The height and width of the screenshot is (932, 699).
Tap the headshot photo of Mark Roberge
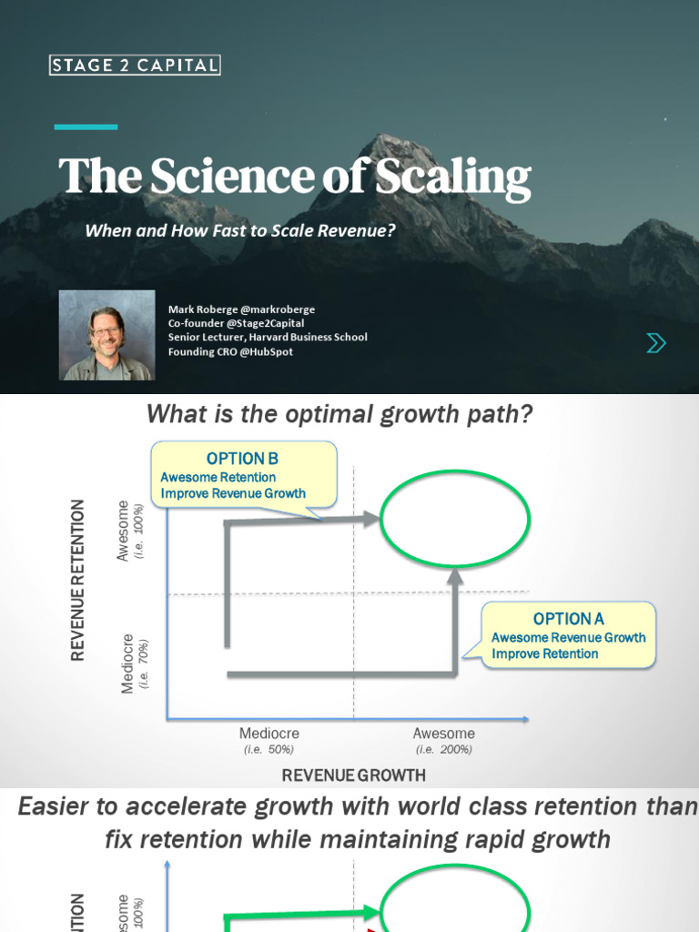tap(106, 336)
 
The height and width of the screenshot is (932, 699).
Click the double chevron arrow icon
tap(655, 342)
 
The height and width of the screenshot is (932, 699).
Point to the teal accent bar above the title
tap(86, 127)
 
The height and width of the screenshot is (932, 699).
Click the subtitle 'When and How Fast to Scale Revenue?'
tap(240, 231)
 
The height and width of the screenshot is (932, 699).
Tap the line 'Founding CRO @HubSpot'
tap(230, 351)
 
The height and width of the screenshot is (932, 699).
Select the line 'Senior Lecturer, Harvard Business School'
tap(268, 337)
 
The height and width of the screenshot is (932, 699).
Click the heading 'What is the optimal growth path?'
tap(339, 415)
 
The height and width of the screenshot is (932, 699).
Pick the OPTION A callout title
tap(569, 619)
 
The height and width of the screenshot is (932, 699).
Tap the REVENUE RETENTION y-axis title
tap(77, 580)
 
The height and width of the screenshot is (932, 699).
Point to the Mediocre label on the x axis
tap(268, 734)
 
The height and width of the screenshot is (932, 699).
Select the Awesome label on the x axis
tap(443, 734)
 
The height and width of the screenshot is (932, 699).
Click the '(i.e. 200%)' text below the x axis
tap(443, 750)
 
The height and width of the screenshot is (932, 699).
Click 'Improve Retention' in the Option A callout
tap(545, 653)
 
